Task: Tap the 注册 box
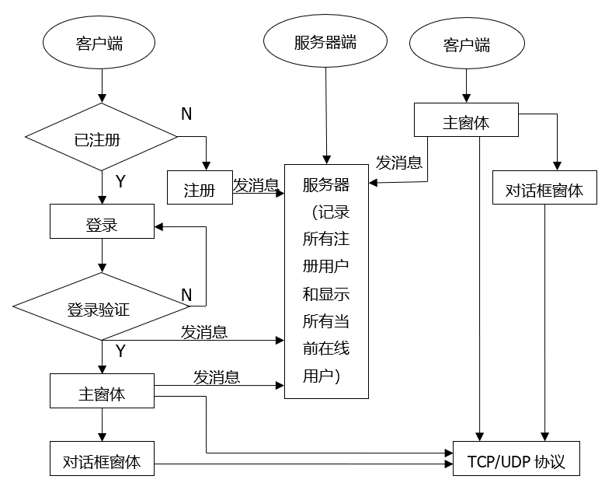pos(200,187)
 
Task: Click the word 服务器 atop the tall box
pos(326,185)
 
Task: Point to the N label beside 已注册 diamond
pos(186,114)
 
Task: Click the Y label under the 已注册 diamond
pos(120,181)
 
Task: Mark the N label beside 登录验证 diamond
pos(186,295)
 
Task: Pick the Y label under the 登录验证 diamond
pos(120,351)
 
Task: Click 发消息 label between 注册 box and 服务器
pos(256,185)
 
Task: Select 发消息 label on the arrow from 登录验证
pos(204,332)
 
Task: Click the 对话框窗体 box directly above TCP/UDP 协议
pos(544,188)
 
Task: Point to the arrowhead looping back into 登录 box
pos(158,227)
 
